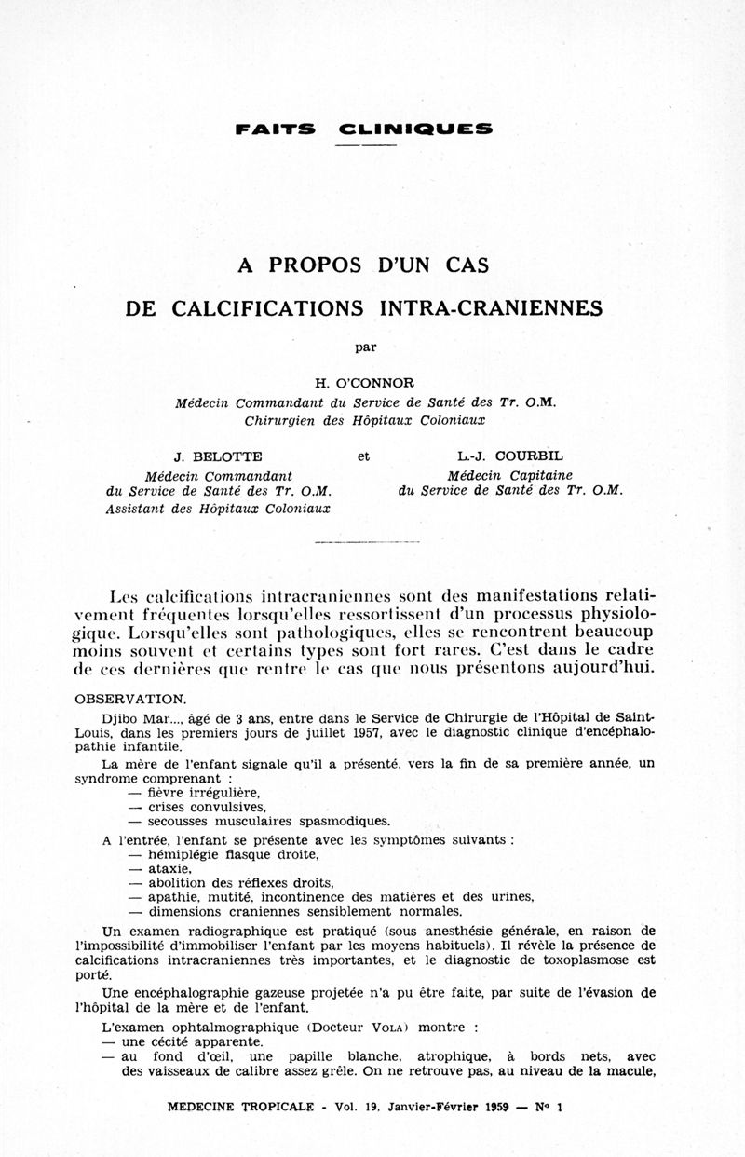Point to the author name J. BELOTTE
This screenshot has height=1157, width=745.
pyautogui.click(x=218, y=456)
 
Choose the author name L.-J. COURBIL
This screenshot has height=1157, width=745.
pyautogui.click(x=509, y=456)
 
